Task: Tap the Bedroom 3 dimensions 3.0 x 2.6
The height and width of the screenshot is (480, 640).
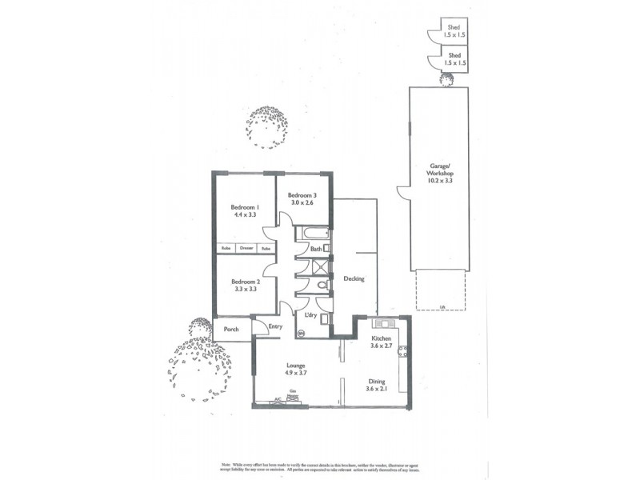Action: click(x=302, y=204)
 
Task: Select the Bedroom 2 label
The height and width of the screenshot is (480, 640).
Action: click(x=246, y=282)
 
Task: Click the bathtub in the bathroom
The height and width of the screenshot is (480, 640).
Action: click(x=313, y=234)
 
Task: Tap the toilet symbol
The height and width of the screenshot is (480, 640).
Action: click(x=322, y=284)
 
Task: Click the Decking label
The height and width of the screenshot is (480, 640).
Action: click(x=354, y=279)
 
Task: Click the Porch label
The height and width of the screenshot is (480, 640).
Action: click(x=231, y=329)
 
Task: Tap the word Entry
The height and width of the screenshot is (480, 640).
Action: click(x=275, y=326)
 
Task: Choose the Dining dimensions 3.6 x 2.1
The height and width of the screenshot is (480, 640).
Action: click(x=376, y=390)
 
